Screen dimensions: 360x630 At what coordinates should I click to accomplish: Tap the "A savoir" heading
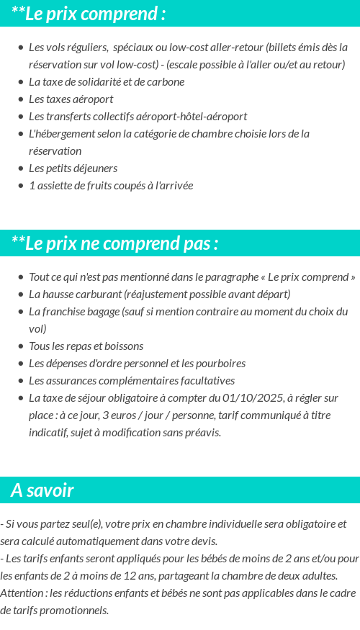42,490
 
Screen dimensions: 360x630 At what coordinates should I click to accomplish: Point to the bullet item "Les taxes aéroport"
71,99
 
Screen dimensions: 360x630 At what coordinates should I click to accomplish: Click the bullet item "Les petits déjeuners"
73,168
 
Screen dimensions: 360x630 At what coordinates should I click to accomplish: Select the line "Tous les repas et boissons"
86,346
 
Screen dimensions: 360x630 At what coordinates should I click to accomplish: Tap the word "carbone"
166,81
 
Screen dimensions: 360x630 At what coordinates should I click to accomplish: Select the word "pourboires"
220,364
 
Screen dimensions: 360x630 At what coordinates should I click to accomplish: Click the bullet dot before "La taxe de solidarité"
21,82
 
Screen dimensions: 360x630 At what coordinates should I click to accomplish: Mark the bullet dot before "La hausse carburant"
21,294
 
